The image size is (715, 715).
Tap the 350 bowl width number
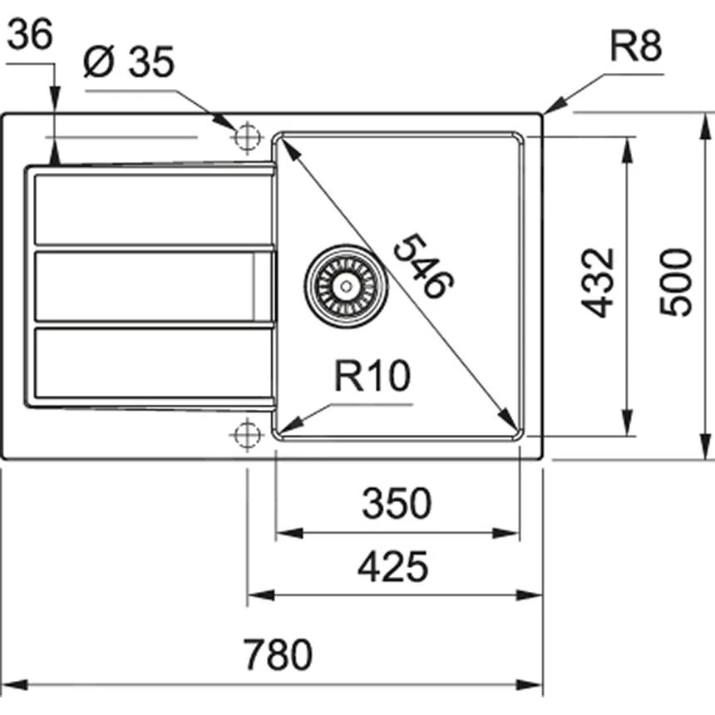click(397, 504)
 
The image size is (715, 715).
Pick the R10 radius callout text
click(372, 378)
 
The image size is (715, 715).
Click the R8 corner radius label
click(635, 48)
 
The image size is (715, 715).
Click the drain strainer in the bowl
click(345, 285)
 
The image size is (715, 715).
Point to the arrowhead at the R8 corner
click(550, 109)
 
